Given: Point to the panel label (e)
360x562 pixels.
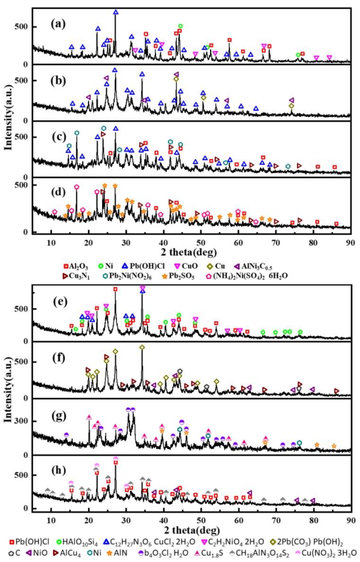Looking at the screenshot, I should (57, 299).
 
